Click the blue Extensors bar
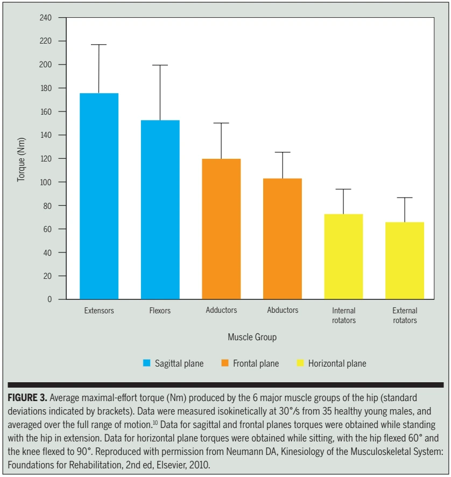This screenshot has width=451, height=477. click(x=99, y=197)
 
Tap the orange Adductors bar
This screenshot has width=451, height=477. click(x=221, y=229)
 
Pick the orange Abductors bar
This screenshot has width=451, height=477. click(x=283, y=239)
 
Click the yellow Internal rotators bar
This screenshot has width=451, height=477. click(x=343, y=257)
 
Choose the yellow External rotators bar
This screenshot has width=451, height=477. click(x=405, y=261)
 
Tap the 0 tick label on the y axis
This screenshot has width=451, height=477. click(x=49, y=299)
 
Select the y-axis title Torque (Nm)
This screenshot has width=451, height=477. click(x=21, y=158)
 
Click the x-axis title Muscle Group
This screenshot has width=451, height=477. click(x=252, y=337)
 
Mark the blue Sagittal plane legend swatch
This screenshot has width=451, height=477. click(x=146, y=363)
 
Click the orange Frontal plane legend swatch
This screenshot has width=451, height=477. click(x=224, y=363)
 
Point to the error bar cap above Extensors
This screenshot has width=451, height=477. click(x=99, y=45)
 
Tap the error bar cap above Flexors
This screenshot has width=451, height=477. click(x=160, y=65)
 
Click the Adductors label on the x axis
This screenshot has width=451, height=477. click(x=221, y=310)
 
